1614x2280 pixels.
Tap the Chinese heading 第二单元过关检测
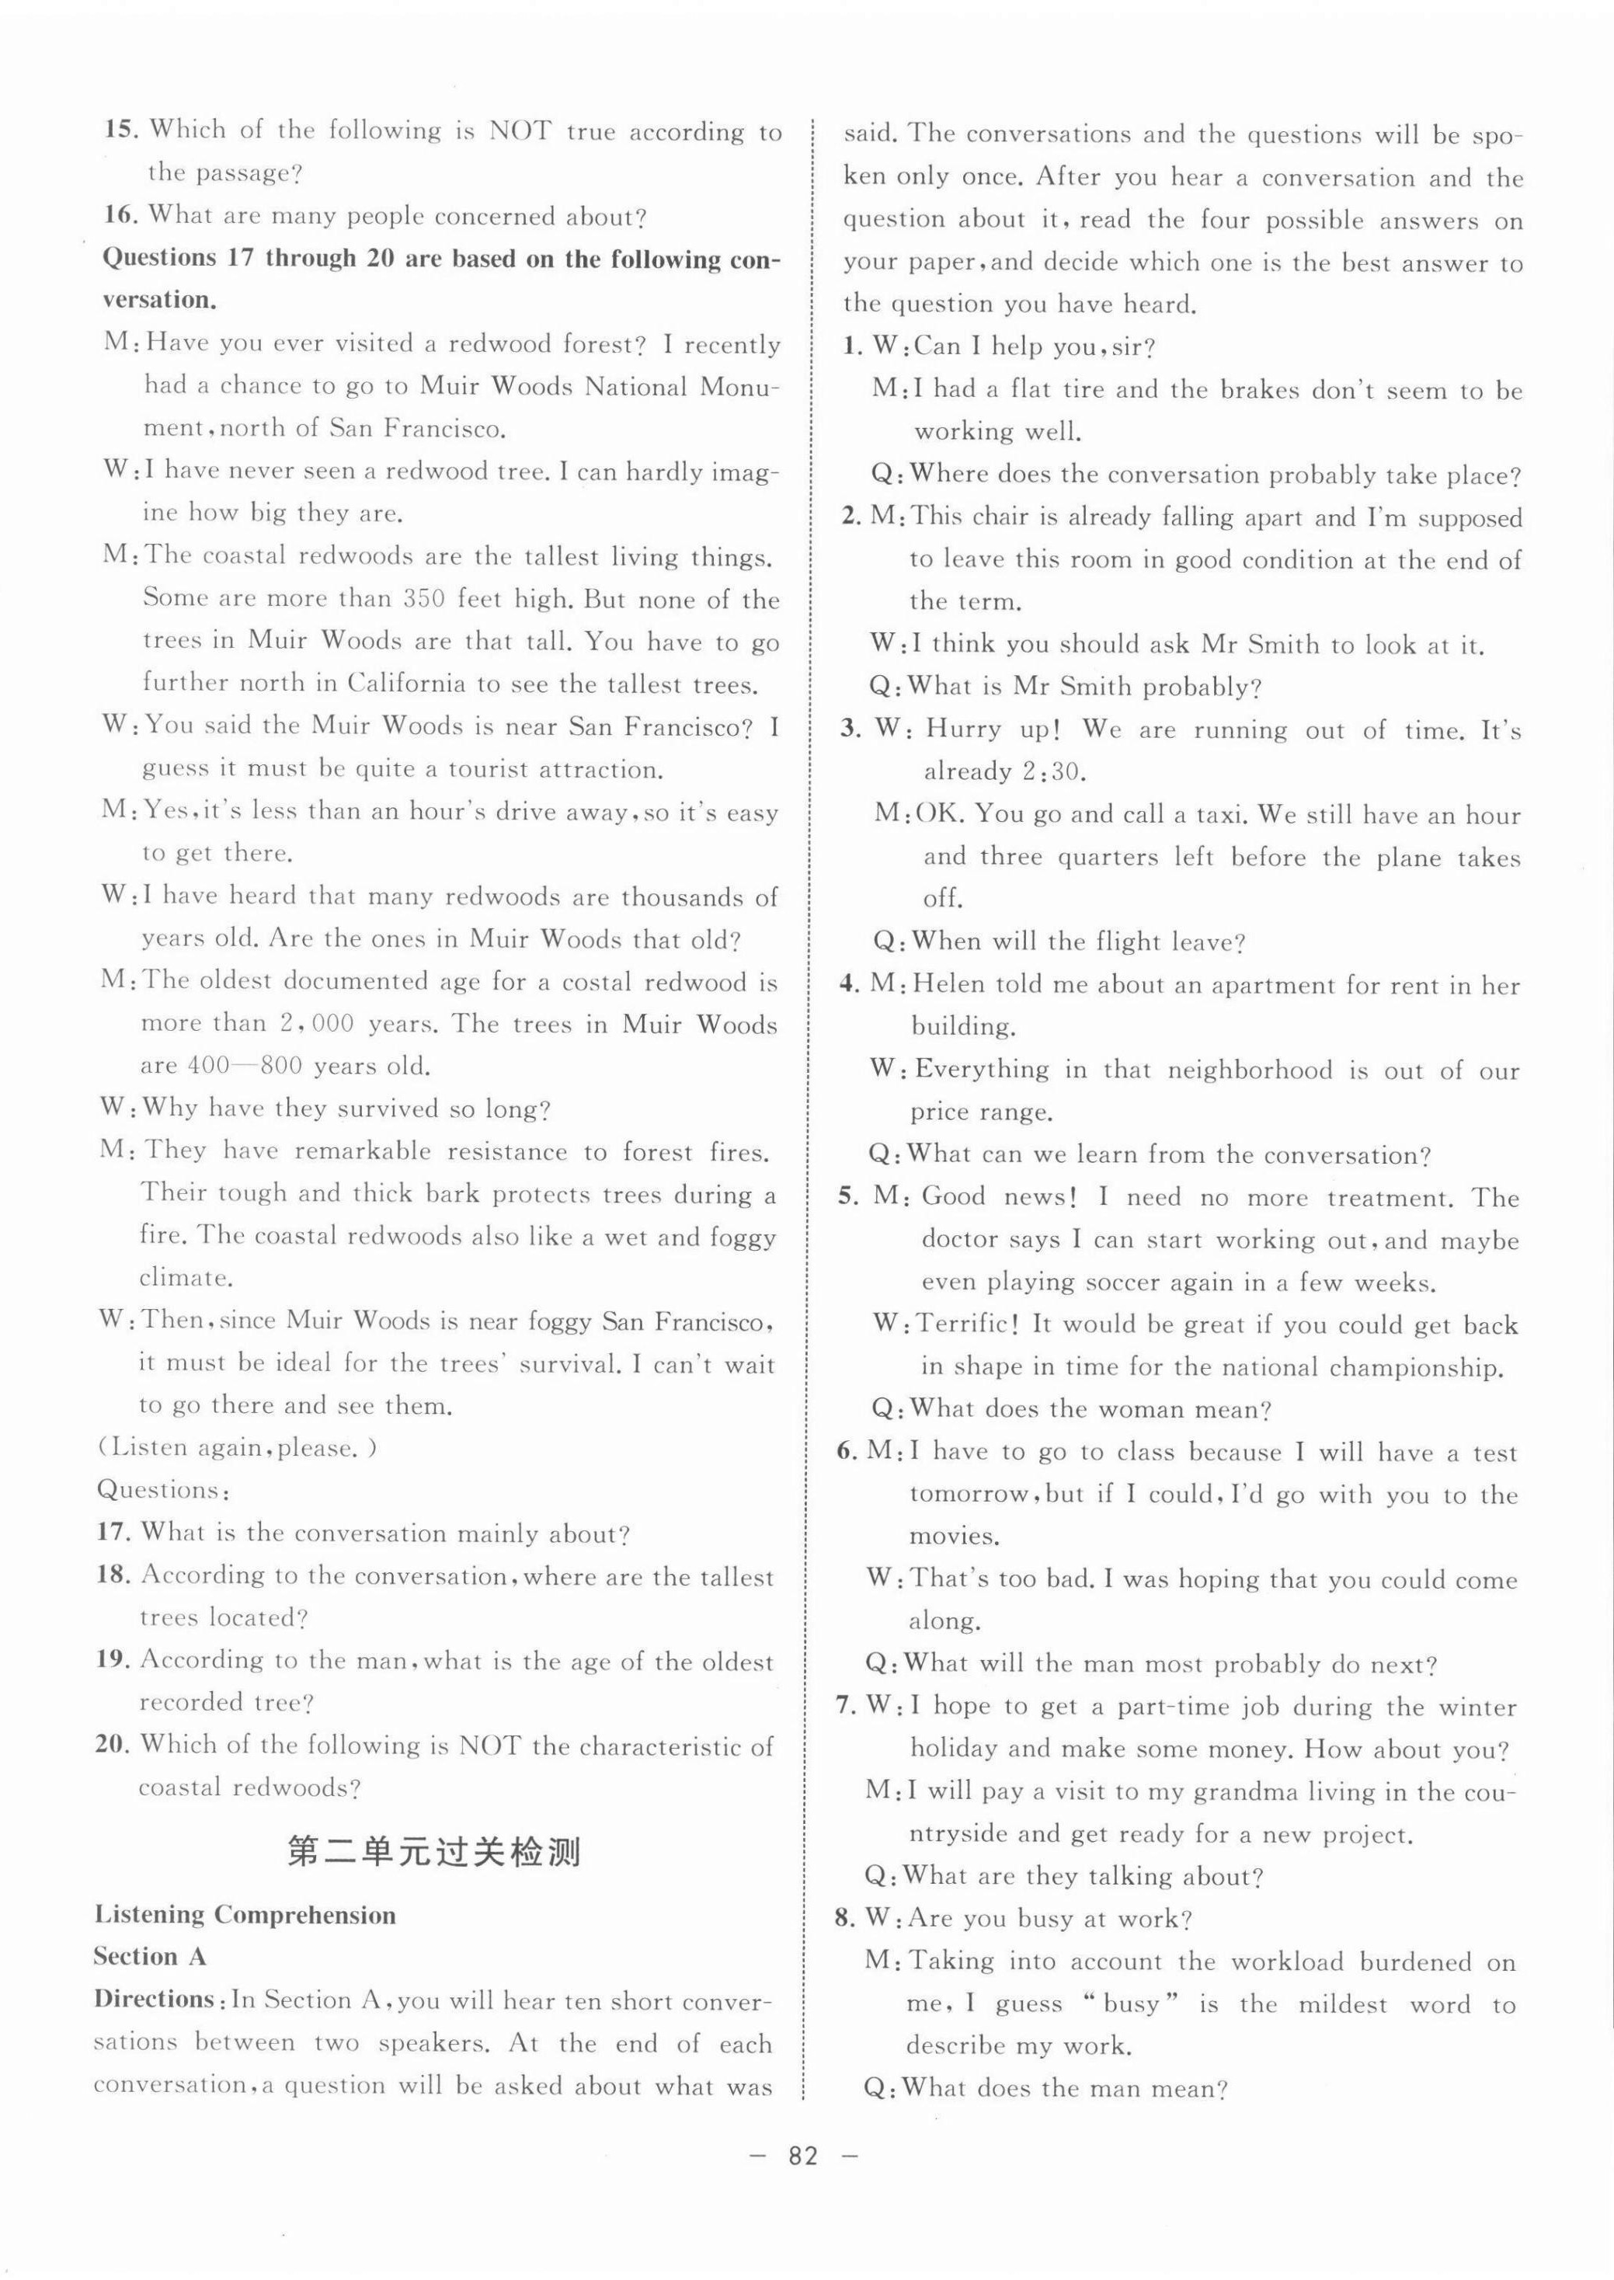tap(434, 1852)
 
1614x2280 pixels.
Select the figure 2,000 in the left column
tap(304, 1024)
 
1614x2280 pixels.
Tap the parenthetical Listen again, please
tap(238, 1447)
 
